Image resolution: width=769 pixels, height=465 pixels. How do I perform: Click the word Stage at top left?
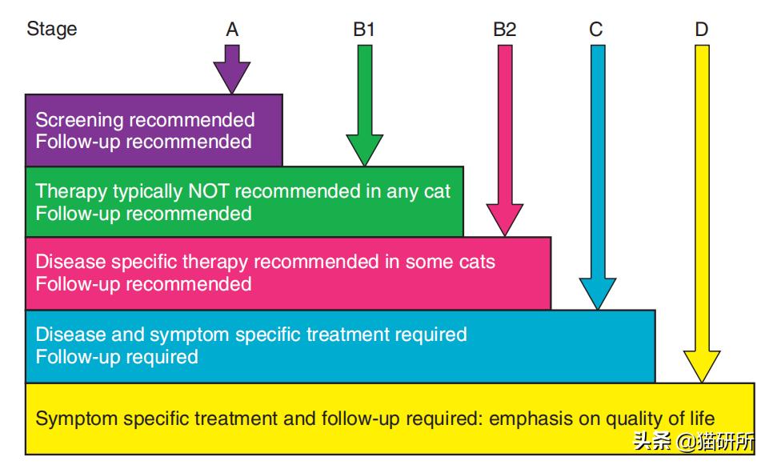[x=52, y=30]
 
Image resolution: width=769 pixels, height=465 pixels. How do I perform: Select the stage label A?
[x=232, y=30]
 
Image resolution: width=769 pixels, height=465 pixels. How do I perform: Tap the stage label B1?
[x=364, y=30]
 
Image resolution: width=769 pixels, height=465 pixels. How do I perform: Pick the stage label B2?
[x=504, y=30]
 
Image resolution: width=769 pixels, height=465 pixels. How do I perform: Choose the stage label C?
[x=596, y=30]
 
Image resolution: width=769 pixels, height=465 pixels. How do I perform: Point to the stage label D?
[x=701, y=30]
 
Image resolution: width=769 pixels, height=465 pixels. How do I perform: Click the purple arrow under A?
[x=232, y=70]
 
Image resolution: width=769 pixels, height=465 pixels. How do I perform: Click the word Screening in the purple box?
[x=79, y=121]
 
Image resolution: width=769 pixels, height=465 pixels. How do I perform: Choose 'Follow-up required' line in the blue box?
[x=117, y=356]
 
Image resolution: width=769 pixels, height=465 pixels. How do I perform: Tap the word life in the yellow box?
[x=700, y=419]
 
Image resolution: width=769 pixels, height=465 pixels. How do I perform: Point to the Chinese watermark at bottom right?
[x=693, y=442]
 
